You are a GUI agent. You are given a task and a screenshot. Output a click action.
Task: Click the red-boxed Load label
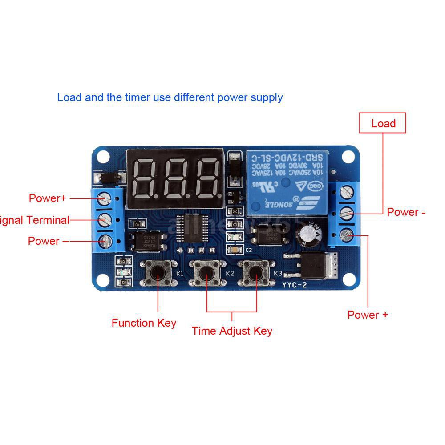click(x=383, y=123)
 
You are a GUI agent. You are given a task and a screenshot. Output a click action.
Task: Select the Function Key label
click(x=144, y=323)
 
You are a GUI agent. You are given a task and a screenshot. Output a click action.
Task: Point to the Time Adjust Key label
click(x=232, y=331)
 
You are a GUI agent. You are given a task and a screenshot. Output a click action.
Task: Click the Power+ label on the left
click(x=48, y=198)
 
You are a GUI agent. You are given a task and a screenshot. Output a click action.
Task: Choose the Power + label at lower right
click(x=368, y=315)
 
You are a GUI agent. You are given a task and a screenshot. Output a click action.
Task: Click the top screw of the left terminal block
click(x=104, y=197)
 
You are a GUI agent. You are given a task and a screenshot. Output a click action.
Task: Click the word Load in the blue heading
click(x=69, y=97)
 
